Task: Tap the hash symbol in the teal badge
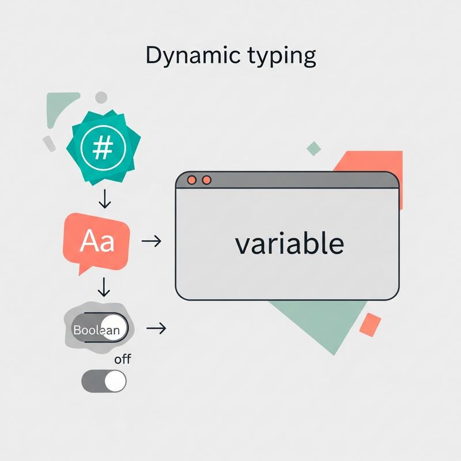[103, 149]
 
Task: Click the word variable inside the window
[289, 244]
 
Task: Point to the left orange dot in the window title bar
[192, 180]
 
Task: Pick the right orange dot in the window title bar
[207, 180]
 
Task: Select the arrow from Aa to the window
[151, 241]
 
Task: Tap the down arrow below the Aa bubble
[105, 286]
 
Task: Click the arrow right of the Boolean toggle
[156, 328]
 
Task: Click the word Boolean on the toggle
[96, 330]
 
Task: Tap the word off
[122, 360]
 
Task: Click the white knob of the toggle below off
[115, 381]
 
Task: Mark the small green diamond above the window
[313, 148]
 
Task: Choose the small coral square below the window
[370, 325]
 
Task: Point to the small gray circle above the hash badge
[101, 97]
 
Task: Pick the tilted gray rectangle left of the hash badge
[49, 143]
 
